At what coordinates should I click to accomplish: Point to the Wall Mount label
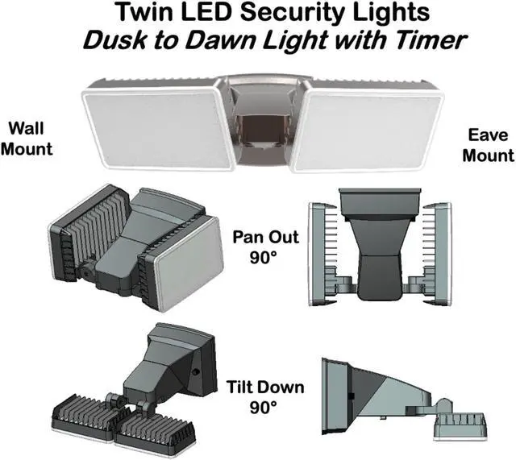[30, 139]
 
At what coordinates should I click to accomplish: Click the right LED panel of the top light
[367, 129]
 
